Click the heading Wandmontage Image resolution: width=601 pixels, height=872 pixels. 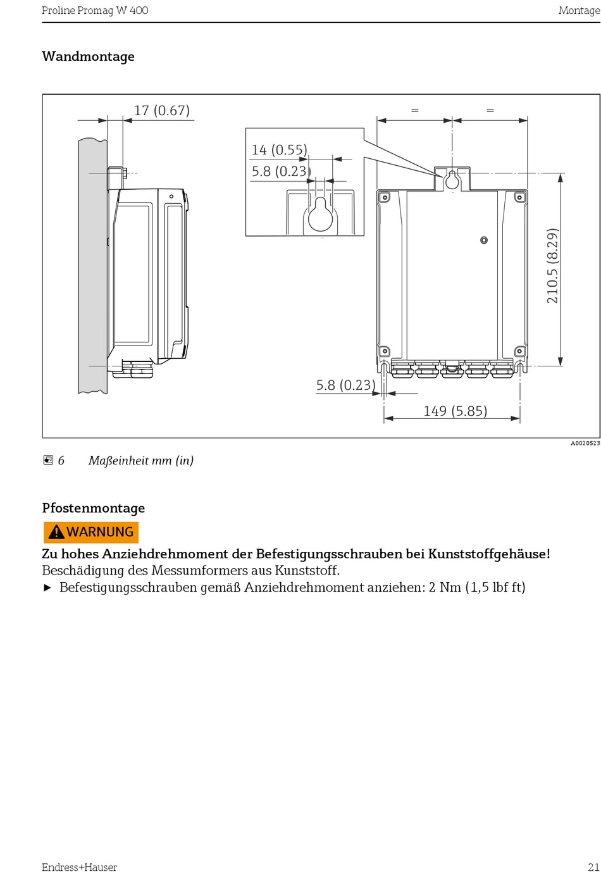pyautogui.click(x=89, y=56)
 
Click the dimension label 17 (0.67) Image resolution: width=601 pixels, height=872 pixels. pyautogui.click(x=162, y=111)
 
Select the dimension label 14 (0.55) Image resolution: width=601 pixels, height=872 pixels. pyautogui.click(x=279, y=150)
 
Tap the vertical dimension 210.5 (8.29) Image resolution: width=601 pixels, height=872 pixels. pyautogui.click(x=552, y=266)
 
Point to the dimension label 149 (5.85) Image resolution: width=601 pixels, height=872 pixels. pyautogui.click(x=455, y=411)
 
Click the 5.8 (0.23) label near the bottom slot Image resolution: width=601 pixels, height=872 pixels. pyautogui.click(x=345, y=385)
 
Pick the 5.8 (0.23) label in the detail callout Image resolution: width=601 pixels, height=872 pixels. pyautogui.click(x=281, y=171)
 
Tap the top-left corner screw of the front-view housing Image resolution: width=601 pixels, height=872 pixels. pyautogui.click(x=385, y=197)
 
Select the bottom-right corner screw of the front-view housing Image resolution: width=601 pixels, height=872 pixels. pyautogui.click(x=519, y=352)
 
